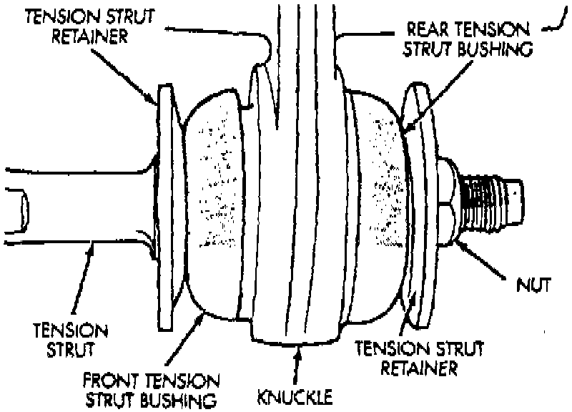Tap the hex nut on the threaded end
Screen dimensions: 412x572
click(x=446, y=204)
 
